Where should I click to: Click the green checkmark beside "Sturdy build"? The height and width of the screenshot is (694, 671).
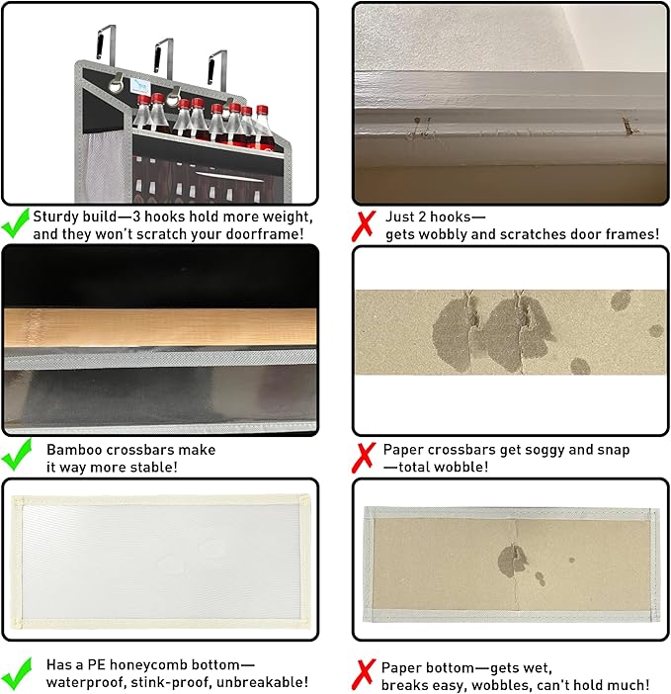tap(16, 224)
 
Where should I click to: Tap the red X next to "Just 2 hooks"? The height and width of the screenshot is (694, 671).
tap(364, 225)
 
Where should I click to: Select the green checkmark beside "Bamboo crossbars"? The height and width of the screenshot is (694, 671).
tap(17, 454)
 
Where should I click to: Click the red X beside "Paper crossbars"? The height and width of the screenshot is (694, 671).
tap(364, 458)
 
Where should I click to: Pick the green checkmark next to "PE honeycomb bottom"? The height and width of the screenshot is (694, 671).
tap(17, 673)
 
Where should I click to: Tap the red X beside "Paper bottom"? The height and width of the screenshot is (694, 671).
tap(364, 675)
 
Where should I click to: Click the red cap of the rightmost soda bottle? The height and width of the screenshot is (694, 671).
tap(262, 110)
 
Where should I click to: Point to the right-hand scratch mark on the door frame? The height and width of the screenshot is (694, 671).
tap(629, 126)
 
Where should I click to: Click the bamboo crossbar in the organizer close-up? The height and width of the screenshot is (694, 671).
tap(160, 327)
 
